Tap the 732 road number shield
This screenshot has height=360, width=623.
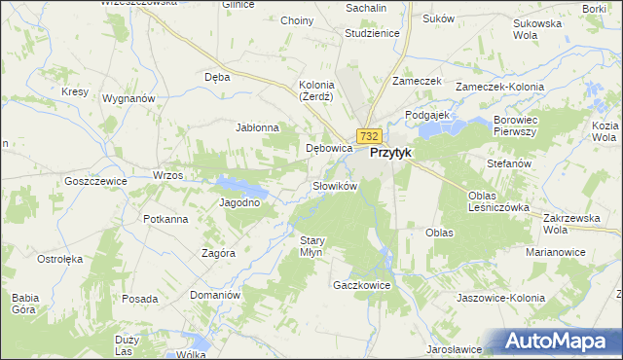point(368,136)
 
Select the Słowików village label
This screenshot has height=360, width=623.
point(336,185)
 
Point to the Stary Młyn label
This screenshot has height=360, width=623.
point(311,245)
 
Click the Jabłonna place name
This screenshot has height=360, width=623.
point(258,127)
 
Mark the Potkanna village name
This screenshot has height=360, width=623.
point(165,218)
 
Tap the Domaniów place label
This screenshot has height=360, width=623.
point(215,294)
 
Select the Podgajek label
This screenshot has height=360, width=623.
point(425,114)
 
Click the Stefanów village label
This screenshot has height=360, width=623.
point(509,163)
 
